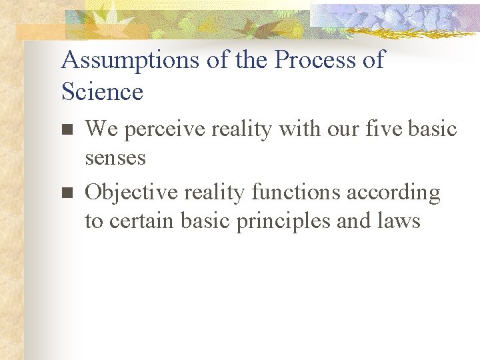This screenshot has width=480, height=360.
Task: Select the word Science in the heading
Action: click(x=102, y=92)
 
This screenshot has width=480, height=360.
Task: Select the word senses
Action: click(x=115, y=158)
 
